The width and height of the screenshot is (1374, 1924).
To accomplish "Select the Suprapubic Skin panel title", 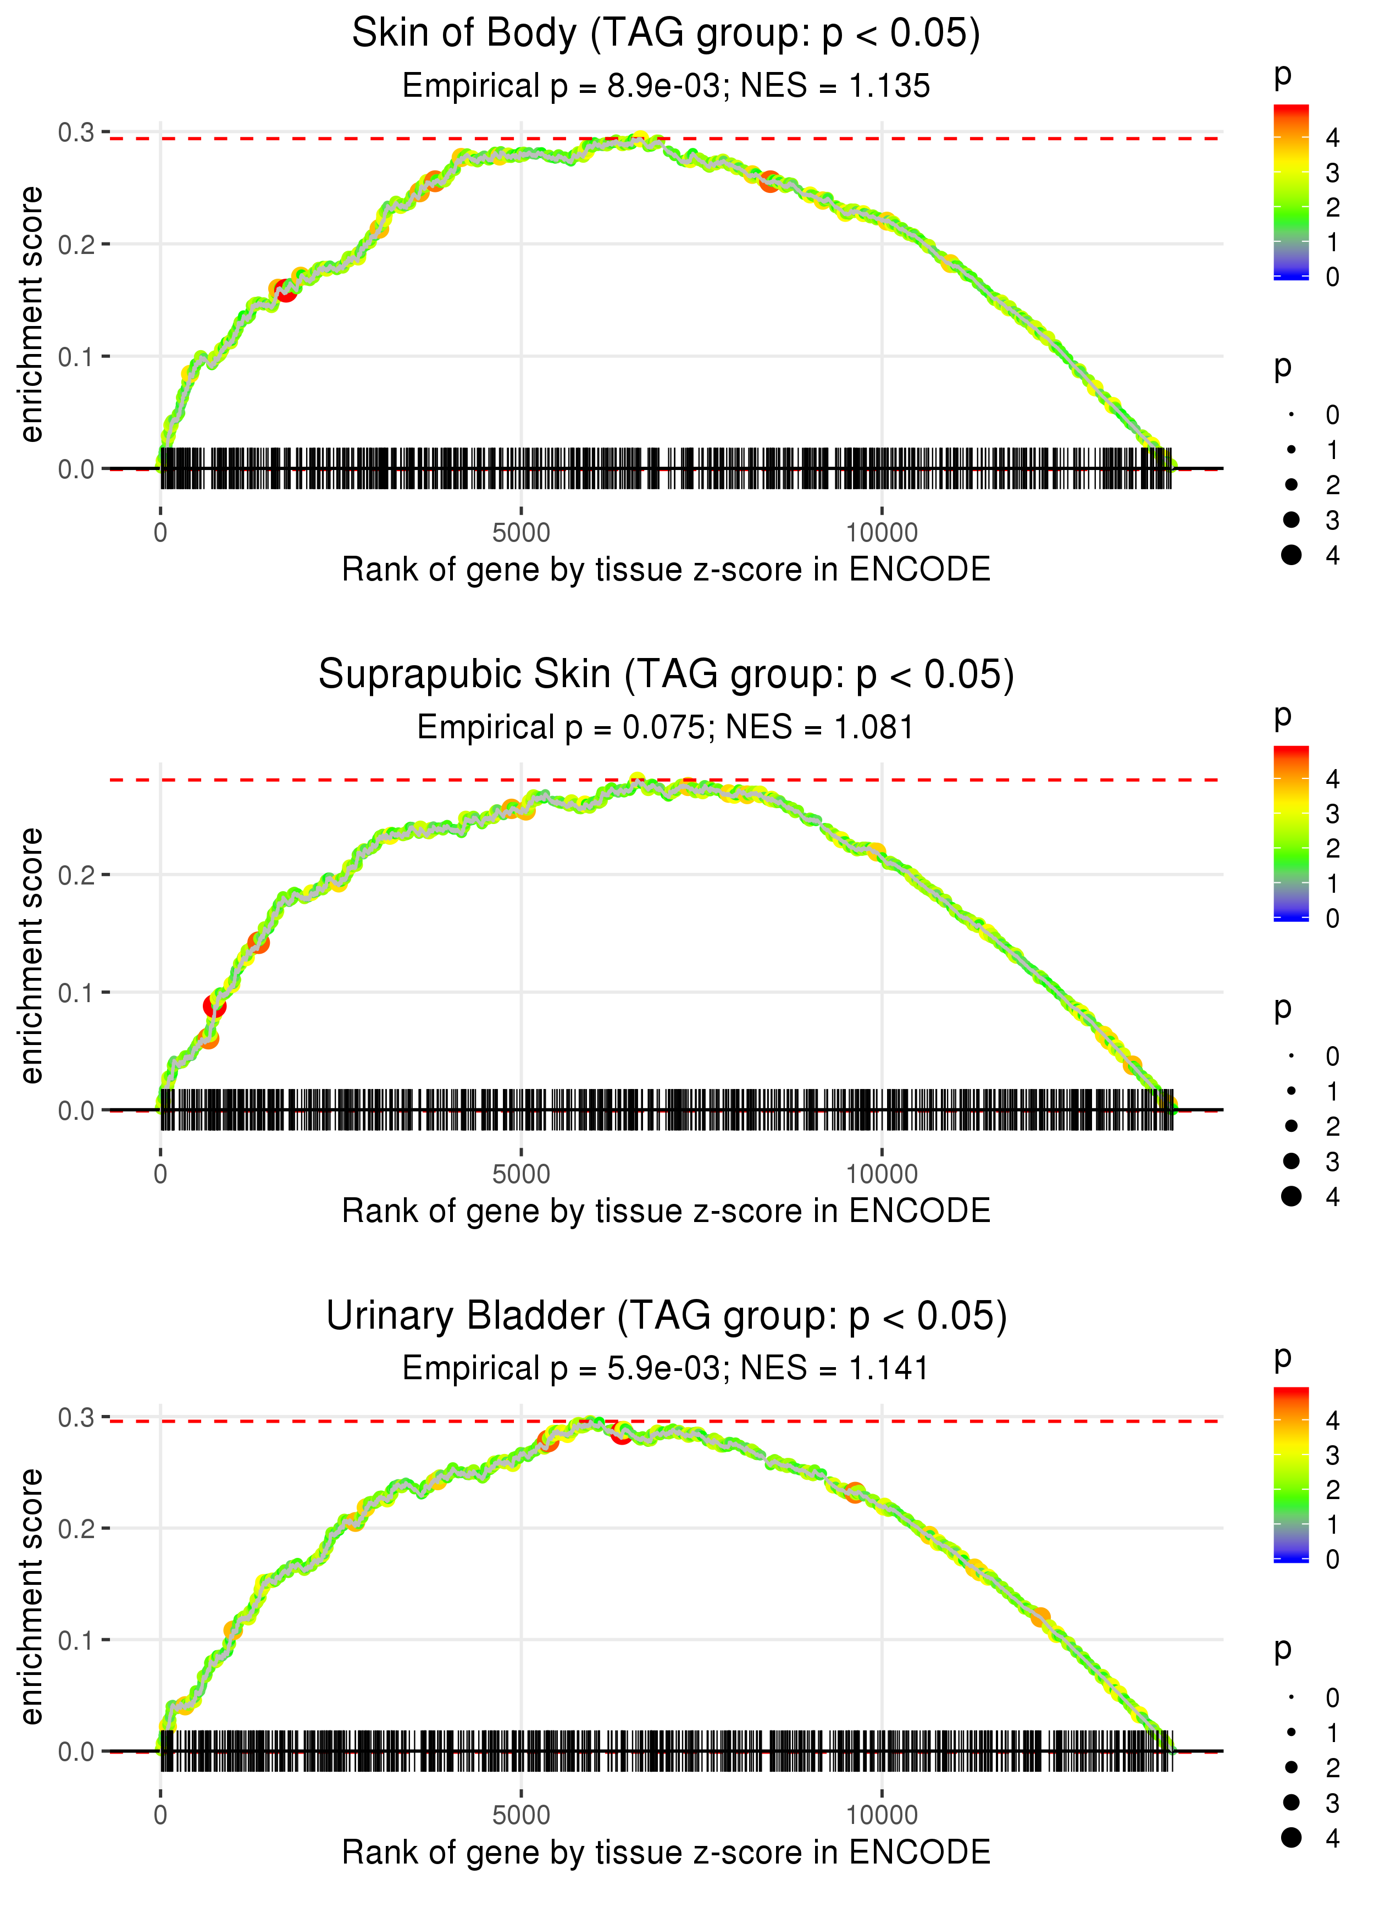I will click(x=666, y=675).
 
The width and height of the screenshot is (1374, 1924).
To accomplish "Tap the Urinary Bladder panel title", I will click(x=666, y=1317).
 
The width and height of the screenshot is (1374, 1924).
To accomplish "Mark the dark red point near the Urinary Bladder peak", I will click(x=622, y=1433).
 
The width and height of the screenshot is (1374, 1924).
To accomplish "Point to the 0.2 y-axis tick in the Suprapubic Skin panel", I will click(x=76, y=875).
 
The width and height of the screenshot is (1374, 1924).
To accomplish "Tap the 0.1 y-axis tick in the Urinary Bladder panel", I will click(x=76, y=1640).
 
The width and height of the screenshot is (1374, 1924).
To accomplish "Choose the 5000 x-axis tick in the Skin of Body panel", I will click(x=521, y=533).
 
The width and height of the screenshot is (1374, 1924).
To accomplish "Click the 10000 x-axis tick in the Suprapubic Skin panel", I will click(x=882, y=1174).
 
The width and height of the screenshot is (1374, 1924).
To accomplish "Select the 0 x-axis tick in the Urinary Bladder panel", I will click(x=160, y=1816).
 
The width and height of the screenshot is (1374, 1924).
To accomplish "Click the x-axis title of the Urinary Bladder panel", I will click(x=666, y=1853).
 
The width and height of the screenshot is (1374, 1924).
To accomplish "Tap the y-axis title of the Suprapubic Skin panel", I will click(x=31, y=956).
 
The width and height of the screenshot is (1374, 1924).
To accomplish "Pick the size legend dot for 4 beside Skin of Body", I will click(x=1291, y=555).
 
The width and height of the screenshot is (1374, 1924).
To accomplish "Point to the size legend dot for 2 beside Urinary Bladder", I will click(x=1291, y=1767).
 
